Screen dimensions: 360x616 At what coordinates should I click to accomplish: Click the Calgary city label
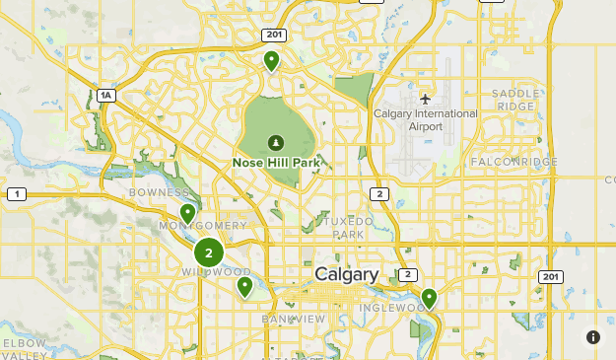coord(347,274)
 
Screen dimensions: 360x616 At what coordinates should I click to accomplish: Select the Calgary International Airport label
coord(425,119)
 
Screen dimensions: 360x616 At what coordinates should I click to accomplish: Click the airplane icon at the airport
coord(425,99)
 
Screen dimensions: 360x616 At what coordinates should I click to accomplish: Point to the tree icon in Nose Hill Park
coord(275,142)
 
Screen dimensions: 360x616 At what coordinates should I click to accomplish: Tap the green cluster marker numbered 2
coord(208,252)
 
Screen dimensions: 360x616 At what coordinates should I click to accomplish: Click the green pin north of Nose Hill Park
coord(271,61)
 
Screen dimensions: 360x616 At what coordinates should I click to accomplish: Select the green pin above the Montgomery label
coord(187,213)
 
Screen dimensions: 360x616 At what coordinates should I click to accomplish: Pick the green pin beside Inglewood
coord(429,297)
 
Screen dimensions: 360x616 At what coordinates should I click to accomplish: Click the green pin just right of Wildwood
coord(244,286)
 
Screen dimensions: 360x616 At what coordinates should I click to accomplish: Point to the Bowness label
coord(158,192)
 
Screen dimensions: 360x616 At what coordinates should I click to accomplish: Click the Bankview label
coord(294,320)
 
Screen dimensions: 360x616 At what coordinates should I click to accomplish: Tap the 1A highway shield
coord(106,96)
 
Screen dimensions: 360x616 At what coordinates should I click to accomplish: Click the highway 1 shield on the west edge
coord(16,194)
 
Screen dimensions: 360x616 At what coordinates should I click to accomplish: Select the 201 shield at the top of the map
coord(274,35)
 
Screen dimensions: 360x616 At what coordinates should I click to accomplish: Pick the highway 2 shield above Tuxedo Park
coord(379,194)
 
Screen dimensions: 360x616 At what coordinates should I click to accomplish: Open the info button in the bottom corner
coord(593,337)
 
